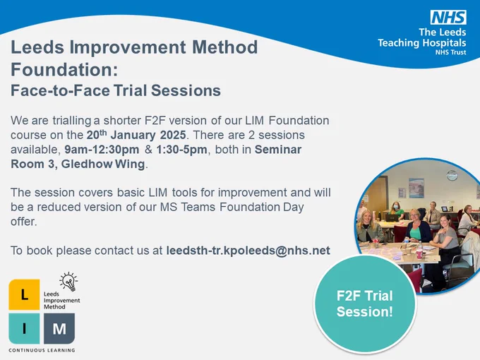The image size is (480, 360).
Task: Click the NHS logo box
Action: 448,17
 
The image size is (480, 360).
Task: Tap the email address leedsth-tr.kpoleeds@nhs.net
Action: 248,251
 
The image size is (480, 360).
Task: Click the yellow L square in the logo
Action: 24,294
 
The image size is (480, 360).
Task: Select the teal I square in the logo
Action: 24,328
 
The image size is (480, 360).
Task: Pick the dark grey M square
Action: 59,328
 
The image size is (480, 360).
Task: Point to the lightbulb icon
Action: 69,282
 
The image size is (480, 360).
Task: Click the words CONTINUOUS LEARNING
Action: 42,350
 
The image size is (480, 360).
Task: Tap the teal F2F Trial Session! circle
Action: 365,304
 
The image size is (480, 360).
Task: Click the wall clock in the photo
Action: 452,175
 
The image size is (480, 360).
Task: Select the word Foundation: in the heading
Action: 64,69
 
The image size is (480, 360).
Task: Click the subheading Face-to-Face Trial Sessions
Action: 116,90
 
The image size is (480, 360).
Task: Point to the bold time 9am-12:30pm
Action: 102,150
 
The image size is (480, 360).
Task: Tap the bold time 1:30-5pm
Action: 182,150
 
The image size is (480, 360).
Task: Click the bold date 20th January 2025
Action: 136,135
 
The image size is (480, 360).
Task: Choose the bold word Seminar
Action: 278,150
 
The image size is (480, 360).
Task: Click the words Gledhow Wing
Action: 103,164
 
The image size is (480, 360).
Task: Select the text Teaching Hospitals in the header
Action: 422,43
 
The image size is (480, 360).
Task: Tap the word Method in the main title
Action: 224,47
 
